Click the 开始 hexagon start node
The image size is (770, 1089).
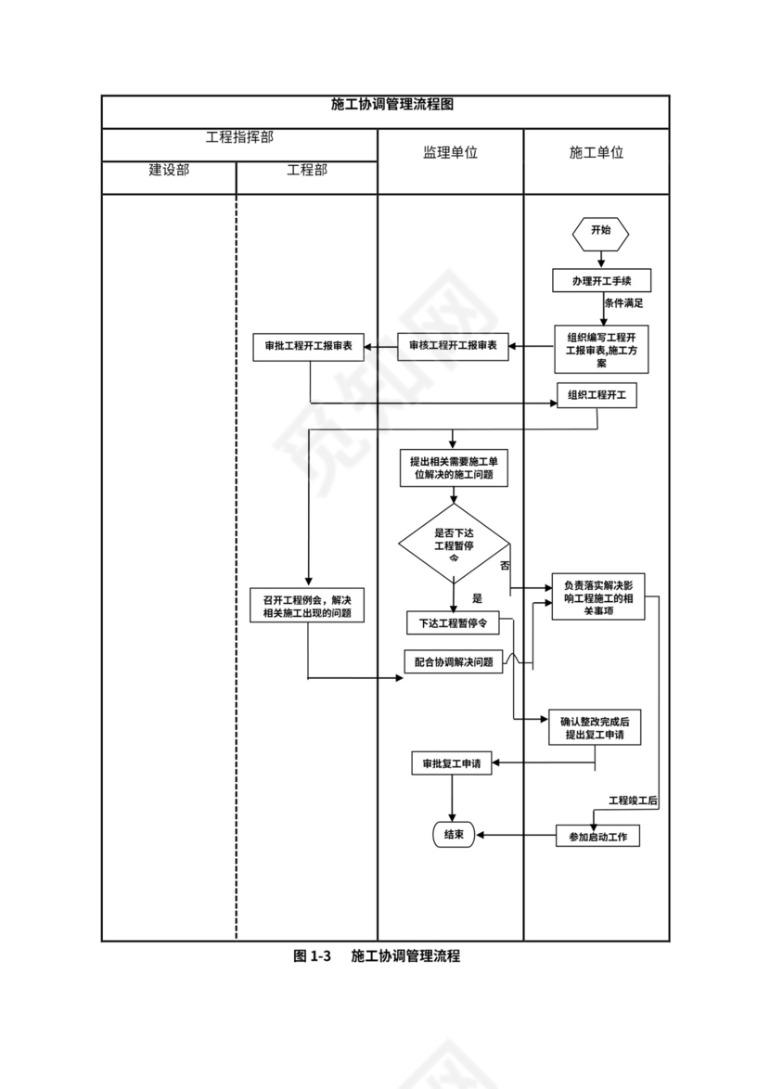[600, 232]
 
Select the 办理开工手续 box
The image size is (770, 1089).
[600, 280]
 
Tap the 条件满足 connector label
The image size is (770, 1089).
[623, 303]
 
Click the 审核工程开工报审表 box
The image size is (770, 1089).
[453, 347]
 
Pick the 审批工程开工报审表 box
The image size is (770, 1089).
[308, 347]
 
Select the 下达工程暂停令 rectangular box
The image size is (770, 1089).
[453, 622]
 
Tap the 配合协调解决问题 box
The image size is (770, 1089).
[454, 662]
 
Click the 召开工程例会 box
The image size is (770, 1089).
[308, 607]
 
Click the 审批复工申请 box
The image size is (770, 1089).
[452, 763]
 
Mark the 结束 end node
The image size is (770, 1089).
[454, 835]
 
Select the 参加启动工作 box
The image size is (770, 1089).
[597, 837]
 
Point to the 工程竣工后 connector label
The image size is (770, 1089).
[633, 800]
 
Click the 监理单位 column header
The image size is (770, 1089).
[450, 153]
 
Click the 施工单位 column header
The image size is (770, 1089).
[597, 153]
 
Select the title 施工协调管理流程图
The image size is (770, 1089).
[385, 105]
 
